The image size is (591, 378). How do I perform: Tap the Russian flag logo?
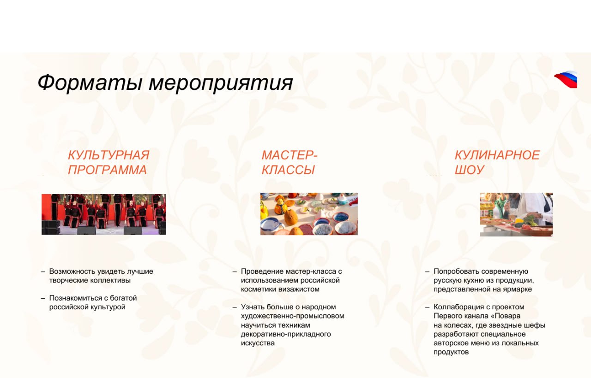coord(566,79)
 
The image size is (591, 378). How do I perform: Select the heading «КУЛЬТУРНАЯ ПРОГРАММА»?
coord(109,162)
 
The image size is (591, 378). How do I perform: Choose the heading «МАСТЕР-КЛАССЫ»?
coord(289,162)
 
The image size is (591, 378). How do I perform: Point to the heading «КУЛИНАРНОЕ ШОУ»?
coord(497,162)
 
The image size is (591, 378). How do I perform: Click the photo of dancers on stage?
coord(104,214)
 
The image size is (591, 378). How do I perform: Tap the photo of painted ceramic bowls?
coord(309,214)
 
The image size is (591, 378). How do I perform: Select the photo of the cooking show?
coord(516,214)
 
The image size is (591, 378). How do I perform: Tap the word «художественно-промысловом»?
coord(292,316)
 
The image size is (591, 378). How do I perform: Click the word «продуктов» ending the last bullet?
coord(451,352)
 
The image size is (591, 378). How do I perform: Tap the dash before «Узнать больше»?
coord(235,307)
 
